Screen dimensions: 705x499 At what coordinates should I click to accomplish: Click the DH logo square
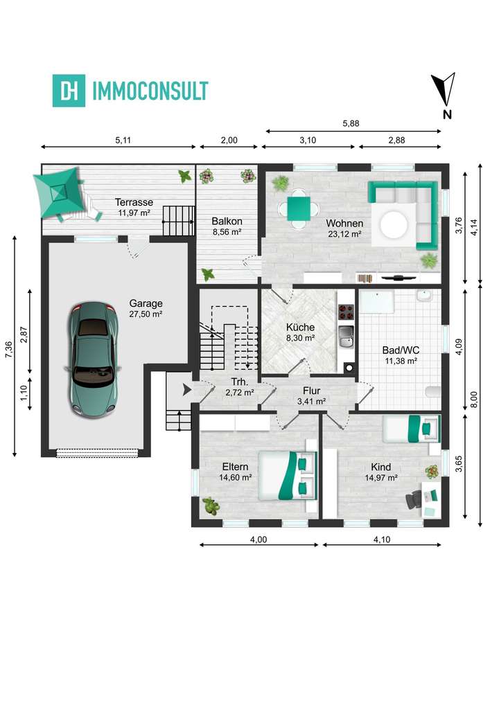click(69, 91)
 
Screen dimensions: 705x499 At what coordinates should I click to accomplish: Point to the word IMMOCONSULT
click(150, 91)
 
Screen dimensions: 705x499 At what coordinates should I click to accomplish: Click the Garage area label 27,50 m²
click(146, 314)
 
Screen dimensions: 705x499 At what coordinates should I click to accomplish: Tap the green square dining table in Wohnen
click(299, 207)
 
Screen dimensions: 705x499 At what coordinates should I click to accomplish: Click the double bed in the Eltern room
click(287, 475)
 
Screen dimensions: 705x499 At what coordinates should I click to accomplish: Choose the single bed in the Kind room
click(412, 427)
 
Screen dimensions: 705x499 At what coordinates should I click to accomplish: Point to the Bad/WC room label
click(401, 350)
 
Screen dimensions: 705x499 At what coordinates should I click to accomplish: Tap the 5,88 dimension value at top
click(351, 124)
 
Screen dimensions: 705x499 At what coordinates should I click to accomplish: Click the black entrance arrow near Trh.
click(186, 391)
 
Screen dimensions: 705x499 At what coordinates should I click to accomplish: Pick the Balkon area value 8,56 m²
click(226, 232)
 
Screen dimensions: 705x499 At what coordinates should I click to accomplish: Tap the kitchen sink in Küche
click(344, 339)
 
